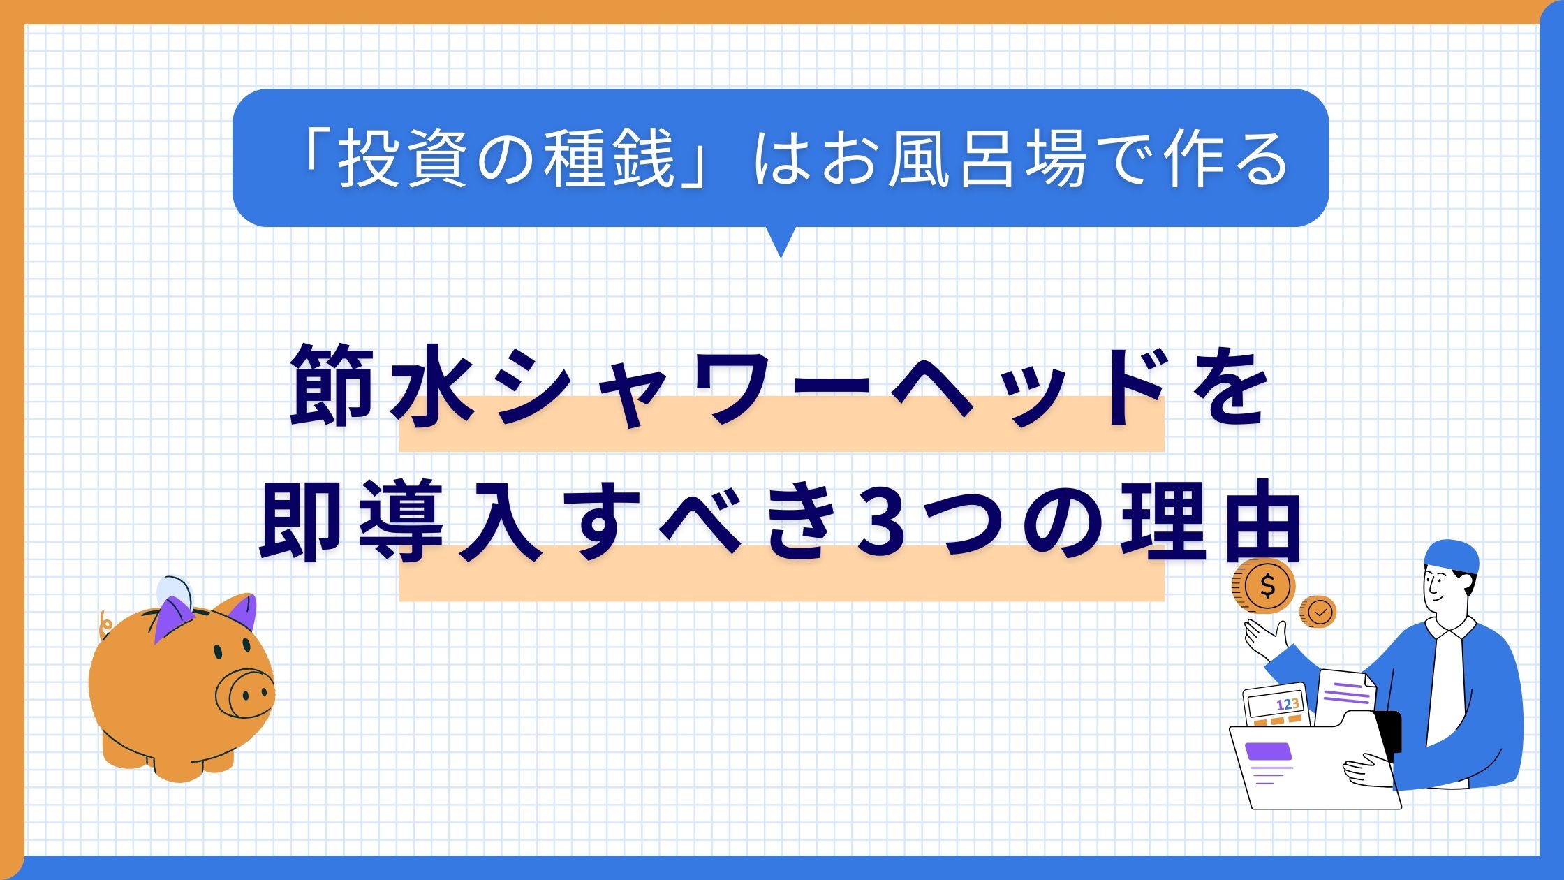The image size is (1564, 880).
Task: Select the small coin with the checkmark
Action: [1318, 612]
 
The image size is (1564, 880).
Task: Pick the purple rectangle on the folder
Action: [1268, 751]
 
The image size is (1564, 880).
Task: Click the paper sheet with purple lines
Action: [1345, 698]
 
